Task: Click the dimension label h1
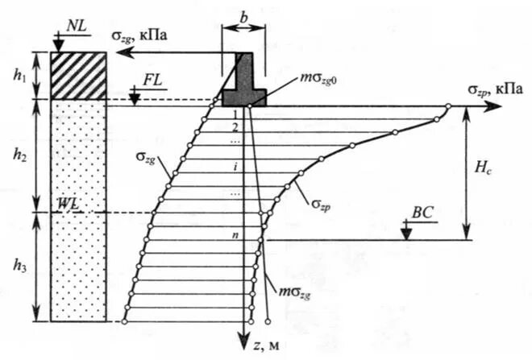[19, 75]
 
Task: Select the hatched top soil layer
[78, 76]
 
